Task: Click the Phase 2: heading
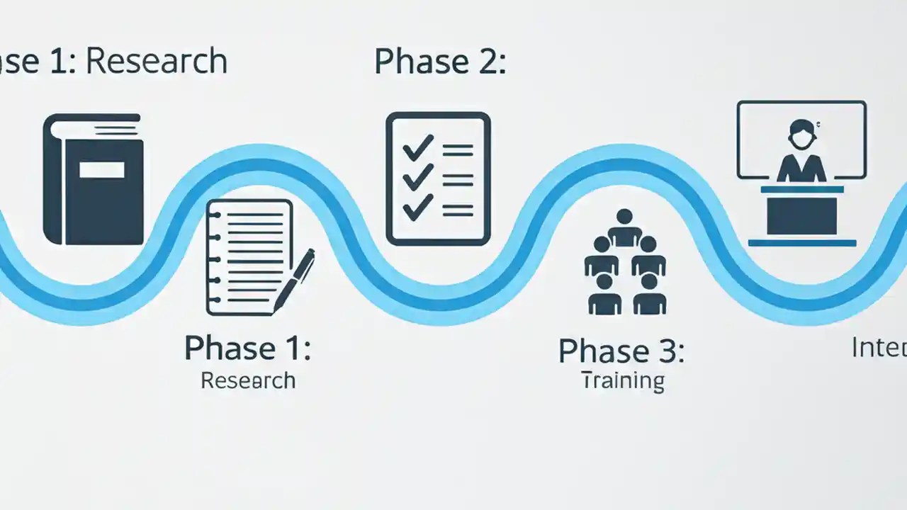click(x=439, y=62)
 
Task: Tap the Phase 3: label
click(x=621, y=351)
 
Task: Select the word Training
click(x=623, y=381)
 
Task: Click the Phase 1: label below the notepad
click(x=247, y=348)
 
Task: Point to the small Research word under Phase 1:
click(x=247, y=380)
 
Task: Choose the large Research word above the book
click(x=157, y=62)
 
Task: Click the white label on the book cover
click(x=102, y=169)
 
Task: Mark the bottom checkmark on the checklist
click(x=417, y=208)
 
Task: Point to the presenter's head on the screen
click(x=801, y=132)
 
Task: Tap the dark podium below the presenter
click(x=801, y=213)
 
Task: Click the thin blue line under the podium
click(x=801, y=243)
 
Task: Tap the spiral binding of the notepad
click(x=213, y=259)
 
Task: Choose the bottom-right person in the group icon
click(x=649, y=294)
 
